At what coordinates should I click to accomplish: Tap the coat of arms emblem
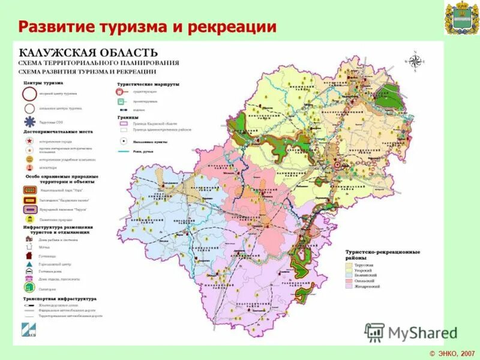point(461,19)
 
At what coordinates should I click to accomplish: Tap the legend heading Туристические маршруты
point(148,85)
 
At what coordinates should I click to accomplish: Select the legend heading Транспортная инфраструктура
point(59,298)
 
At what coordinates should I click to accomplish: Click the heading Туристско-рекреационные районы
point(382,254)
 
